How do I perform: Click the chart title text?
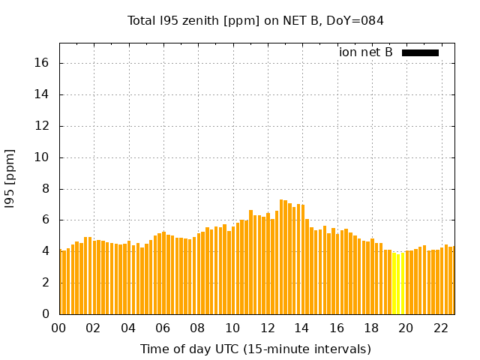(x=256, y=20)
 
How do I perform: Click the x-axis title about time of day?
(x=256, y=349)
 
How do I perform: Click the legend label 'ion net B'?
(x=366, y=52)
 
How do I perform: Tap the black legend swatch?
(x=420, y=52)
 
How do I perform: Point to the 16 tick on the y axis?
(x=43, y=63)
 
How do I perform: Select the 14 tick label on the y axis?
(x=43, y=94)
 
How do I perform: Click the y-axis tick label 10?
(x=43, y=157)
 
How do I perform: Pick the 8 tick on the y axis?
(x=46, y=189)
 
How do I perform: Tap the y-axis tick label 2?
(x=46, y=283)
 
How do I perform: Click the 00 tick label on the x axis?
(x=59, y=328)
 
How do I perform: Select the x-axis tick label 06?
(x=163, y=328)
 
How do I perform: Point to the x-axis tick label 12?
(x=267, y=328)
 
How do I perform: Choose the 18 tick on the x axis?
(x=371, y=328)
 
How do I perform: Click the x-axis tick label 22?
(x=440, y=328)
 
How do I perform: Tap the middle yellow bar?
(x=398, y=284)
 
